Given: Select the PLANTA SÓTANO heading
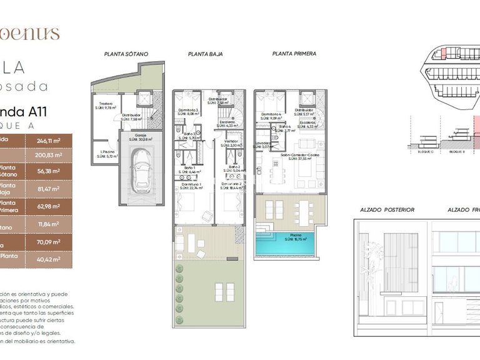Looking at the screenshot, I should point(127,54).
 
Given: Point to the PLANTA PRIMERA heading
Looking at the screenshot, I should point(294,54).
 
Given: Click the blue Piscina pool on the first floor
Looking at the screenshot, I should point(287,245).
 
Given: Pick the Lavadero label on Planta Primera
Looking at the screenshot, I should point(262,145).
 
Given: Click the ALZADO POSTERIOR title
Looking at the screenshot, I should point(387,210).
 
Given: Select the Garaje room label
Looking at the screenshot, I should point(136,136).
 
